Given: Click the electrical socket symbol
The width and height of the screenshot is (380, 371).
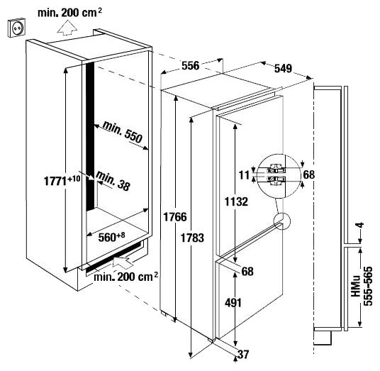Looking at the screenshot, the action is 17,28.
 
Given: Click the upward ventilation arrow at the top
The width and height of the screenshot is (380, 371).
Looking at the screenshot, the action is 67,28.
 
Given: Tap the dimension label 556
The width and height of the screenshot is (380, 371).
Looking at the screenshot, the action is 191,66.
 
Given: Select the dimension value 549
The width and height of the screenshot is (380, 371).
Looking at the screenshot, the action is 283,69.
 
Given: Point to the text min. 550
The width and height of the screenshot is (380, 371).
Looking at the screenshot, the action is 123,132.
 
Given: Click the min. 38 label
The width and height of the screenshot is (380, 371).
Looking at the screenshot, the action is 113,181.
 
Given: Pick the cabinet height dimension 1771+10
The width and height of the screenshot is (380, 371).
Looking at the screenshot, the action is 62,180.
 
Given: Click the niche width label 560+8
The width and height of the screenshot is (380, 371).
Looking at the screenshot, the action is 111,237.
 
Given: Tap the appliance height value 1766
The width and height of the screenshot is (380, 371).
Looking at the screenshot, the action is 175,217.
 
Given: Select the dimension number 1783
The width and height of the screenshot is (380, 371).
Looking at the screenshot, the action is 192,238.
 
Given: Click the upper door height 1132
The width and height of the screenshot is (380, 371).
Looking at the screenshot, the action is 236,201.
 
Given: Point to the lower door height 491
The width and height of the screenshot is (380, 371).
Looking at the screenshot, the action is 233,303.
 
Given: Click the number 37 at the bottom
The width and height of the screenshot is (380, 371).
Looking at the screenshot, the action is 243,355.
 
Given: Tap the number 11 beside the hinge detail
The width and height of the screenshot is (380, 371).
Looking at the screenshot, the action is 245,175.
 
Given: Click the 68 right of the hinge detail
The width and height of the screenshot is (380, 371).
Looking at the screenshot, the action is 309,175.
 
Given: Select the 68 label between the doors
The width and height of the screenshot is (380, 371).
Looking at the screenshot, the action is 247,272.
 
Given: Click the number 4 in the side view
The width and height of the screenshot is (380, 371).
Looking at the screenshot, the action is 361,225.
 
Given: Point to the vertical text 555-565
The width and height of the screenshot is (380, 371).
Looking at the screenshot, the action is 368,286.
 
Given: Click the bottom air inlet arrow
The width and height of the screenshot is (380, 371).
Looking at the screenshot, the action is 123,262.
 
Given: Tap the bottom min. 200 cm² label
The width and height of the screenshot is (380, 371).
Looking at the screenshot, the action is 125,277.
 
